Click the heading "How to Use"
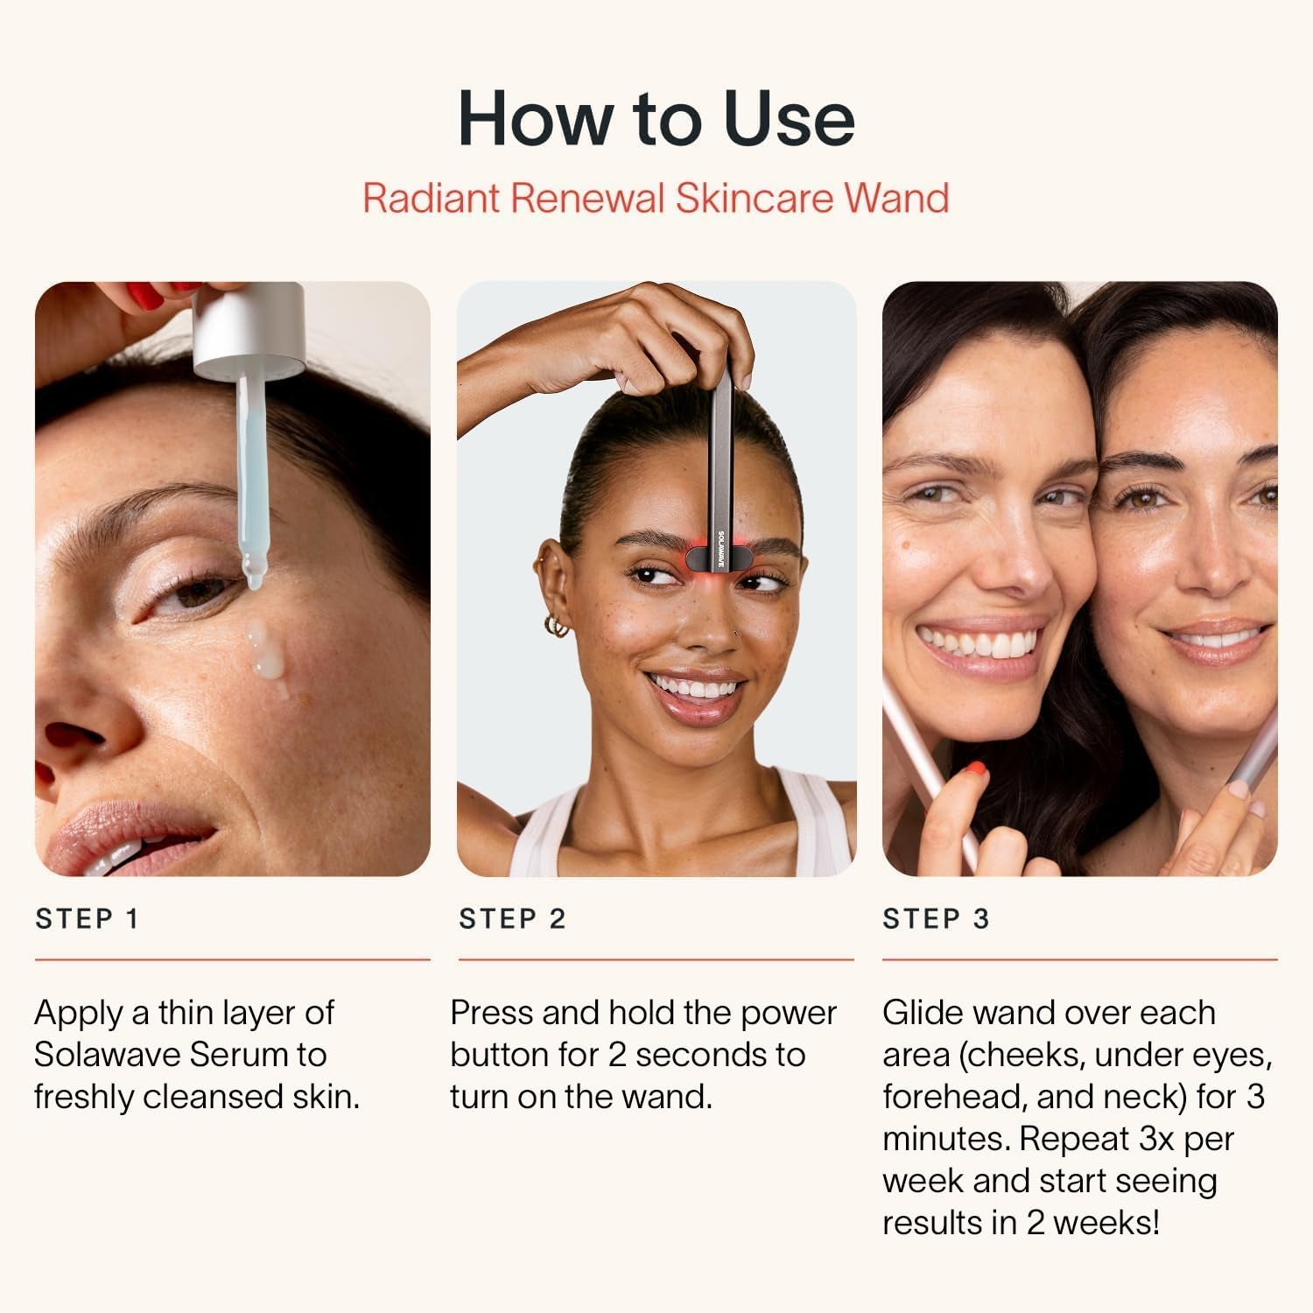click(656, 118)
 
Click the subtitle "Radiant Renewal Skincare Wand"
click(656, 198)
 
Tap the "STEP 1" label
click(87, 919)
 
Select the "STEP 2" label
click(512, 919)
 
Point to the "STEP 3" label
click(936, 919)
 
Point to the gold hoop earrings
click(556, 627)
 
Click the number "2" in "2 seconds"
click(616, 1055)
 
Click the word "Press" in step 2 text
click(490, 1013)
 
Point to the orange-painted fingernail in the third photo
click(973, 771)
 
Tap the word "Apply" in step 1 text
click(78, 1014)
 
